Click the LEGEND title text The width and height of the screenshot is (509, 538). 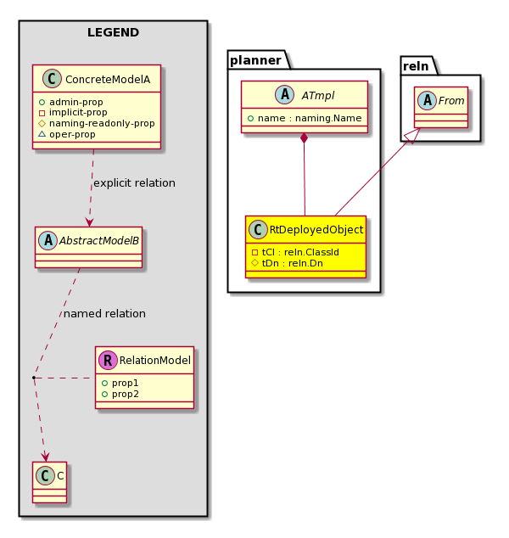[113, 32]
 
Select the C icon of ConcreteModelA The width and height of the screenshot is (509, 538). [52, 79]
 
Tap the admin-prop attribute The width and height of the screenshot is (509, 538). [76, 102]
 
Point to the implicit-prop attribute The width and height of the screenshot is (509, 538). [78, 112]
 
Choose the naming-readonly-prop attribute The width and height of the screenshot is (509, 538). [102, 123]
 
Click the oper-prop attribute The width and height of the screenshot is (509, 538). [72, 134]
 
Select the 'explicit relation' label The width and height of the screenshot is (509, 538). [134, 183]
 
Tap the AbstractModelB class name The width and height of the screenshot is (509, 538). [99, 240]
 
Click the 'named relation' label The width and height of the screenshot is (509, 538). [104, 314]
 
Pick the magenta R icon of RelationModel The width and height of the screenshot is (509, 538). [108, 360]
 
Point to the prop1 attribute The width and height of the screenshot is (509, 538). [125, 383]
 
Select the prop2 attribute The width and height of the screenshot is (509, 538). [126, 394]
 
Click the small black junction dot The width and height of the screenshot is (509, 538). [34, 378]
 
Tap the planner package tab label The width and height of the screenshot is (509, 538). [255, 60]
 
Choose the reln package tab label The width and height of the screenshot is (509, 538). [416, 66]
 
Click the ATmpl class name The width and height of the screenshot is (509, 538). [318, 95]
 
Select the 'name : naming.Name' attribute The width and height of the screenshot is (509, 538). [310, 118]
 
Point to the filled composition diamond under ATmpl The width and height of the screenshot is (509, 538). [304, 138]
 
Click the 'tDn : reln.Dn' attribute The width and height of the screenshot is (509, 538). [292, 263]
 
